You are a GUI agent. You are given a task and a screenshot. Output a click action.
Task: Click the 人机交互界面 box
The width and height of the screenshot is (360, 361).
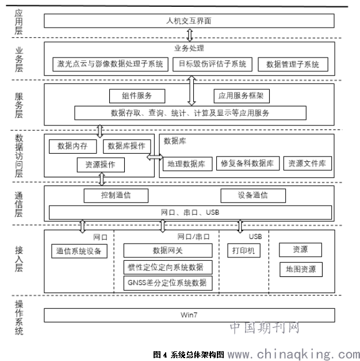(x=189, y=21)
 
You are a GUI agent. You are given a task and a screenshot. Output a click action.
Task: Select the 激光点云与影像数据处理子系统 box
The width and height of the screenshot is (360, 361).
(x=110, y=63)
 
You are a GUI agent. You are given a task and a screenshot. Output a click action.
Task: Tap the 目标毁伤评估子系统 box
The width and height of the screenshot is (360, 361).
(x=212, y=63)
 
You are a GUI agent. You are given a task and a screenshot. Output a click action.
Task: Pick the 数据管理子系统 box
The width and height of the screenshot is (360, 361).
(x=293, y=64)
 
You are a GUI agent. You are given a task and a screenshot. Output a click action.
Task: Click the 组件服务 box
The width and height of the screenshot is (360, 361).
(x=137, y=96)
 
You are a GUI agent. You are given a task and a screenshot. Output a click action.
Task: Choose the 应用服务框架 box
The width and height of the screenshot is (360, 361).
(x=241, y=96)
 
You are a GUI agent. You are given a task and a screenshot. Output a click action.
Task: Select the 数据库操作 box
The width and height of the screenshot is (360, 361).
(x=127, y=146)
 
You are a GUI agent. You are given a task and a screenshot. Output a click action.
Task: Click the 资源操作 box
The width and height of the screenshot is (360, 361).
(x=100, y=165)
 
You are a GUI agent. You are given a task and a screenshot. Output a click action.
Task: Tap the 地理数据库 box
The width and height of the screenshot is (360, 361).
(x=186, y=164)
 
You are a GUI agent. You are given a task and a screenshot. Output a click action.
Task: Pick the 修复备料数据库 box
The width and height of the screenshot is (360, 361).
(x=248, y=164)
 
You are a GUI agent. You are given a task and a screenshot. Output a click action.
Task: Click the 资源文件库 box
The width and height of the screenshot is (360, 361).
(x=308, y=164)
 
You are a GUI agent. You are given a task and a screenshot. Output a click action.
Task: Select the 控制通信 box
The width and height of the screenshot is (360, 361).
(x=116, y=195)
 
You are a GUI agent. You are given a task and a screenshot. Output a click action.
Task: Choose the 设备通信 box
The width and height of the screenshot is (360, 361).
(x=252, y=195)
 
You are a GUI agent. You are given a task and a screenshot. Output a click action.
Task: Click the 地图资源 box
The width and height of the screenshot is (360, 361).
(x=301, y=269)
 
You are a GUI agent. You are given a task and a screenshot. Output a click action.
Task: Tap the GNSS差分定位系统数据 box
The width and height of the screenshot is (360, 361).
(x=168, y=283)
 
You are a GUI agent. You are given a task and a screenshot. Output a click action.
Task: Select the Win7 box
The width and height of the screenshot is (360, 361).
(x=189, y=315)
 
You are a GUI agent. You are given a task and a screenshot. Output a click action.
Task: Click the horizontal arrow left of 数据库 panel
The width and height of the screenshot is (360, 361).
(x=155, y=157)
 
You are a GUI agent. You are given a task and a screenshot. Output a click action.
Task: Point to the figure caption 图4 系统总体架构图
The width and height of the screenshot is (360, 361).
(x=189, y=355)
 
